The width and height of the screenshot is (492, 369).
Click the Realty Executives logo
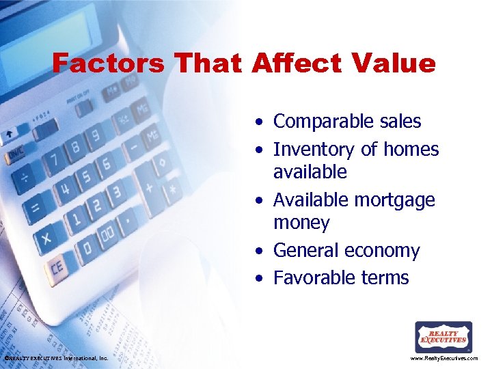point(443,337)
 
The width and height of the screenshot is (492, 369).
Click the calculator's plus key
point(148,187)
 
